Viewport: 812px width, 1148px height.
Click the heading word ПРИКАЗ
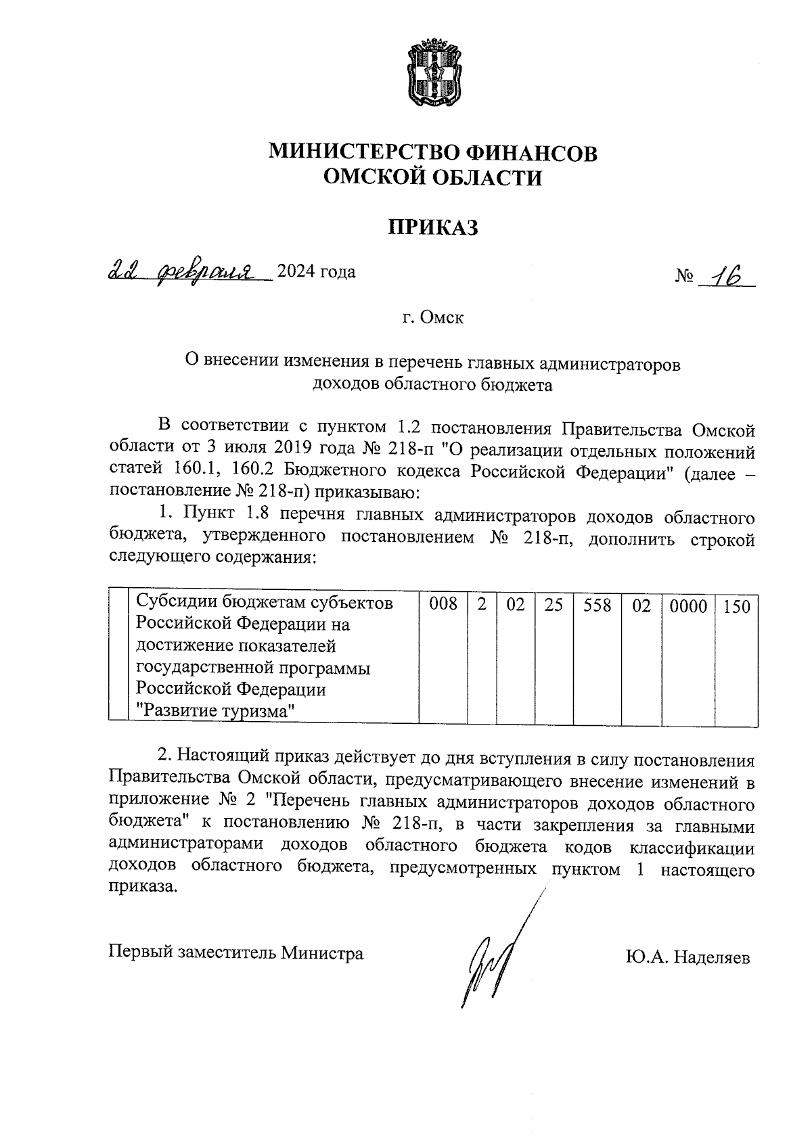[433, 227]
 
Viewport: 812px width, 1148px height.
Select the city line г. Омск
[433, 317]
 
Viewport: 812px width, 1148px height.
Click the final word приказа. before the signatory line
[143, 887]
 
